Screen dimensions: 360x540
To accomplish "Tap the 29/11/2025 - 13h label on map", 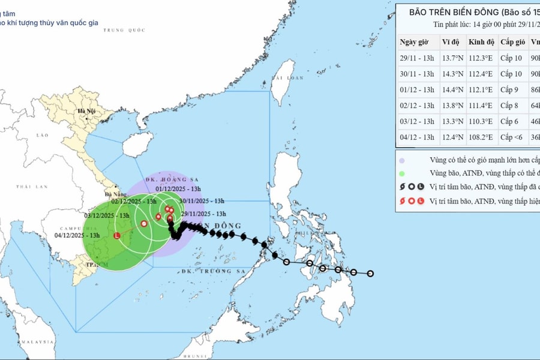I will tap(203, 214).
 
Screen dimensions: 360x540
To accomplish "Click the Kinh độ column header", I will tap(481, 42).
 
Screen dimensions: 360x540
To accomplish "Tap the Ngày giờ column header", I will tap(417, 42).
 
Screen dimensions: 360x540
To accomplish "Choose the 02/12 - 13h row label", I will tap(417, 106).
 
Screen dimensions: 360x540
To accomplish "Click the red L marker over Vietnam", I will tap(118, 235).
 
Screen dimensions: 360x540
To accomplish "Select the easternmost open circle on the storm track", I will tap(371, 274).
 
